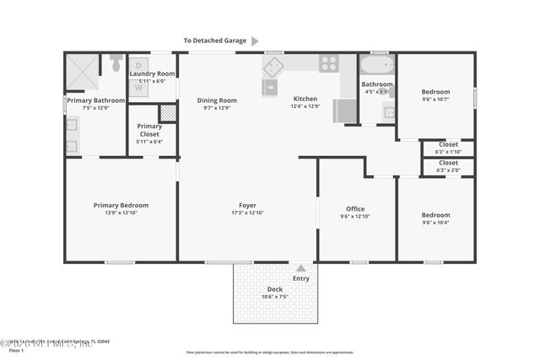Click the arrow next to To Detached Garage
click(255, 40)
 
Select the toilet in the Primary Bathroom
click(116, 62)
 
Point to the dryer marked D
click(139, 64)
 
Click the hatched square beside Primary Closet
click(168, 112)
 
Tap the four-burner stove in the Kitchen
click(329, 63)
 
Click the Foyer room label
click(247, 205)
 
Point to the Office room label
click(355, 208)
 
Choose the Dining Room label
click(217, 100)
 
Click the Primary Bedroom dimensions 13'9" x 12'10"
click(121, 212)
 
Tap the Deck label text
click(275, 289)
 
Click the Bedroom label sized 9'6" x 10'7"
click(435, 91)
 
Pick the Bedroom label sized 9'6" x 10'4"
click(435, 215)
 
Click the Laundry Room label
click(153, 74)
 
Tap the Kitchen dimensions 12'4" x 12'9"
click(305, 106)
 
